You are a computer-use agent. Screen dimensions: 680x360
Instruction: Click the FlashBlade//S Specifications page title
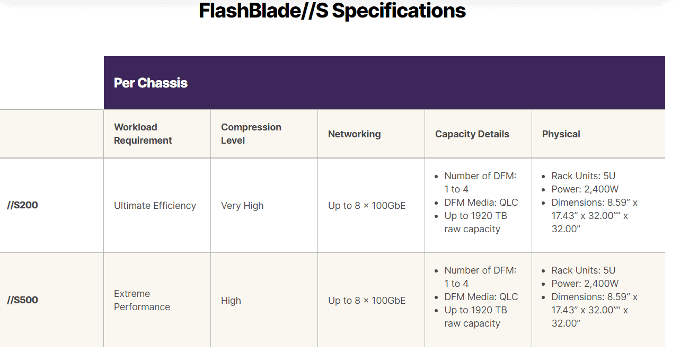point(332,11)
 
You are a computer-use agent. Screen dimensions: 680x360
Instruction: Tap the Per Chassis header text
point(151,83)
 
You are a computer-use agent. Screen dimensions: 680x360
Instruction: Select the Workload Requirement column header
point(143,134)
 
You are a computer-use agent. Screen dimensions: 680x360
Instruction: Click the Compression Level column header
point(251,134)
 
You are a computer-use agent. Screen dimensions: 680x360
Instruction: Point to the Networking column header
point(354,134)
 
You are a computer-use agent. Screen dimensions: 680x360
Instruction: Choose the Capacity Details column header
point(472,134)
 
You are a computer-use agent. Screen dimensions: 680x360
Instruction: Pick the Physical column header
point(561,134)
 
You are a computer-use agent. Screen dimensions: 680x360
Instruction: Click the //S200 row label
point(22,205)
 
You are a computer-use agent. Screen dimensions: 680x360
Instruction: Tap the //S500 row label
point(22,300)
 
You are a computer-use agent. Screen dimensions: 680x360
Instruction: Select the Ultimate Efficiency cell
point(155,206)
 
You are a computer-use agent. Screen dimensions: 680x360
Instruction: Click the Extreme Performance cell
point(142,300)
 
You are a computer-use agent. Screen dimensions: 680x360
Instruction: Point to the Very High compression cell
point(242,206)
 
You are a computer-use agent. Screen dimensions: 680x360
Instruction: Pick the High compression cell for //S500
point(231,301)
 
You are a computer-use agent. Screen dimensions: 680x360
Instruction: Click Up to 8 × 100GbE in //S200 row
point(367,206)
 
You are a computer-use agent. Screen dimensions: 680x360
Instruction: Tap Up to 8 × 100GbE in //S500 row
point(367,301)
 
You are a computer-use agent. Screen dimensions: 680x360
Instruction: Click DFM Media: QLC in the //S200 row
point(481,203)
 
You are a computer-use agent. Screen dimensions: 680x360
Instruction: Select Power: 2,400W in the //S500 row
point(585,284)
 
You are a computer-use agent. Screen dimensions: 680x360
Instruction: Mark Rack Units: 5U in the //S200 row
point(583,176)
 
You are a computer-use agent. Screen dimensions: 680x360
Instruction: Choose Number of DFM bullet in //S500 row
point(480,277)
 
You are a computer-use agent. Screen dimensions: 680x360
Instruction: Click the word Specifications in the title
point(399,11)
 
